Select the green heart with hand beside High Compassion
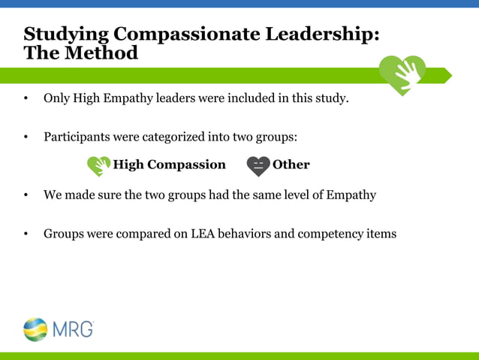click(98, 165)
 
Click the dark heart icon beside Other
click(258, 165)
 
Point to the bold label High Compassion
click(169, 165)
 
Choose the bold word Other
click(291, 165)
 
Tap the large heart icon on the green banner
click(402, 74)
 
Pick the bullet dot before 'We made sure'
click(26, 196)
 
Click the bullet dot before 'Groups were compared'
click(26, 234)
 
